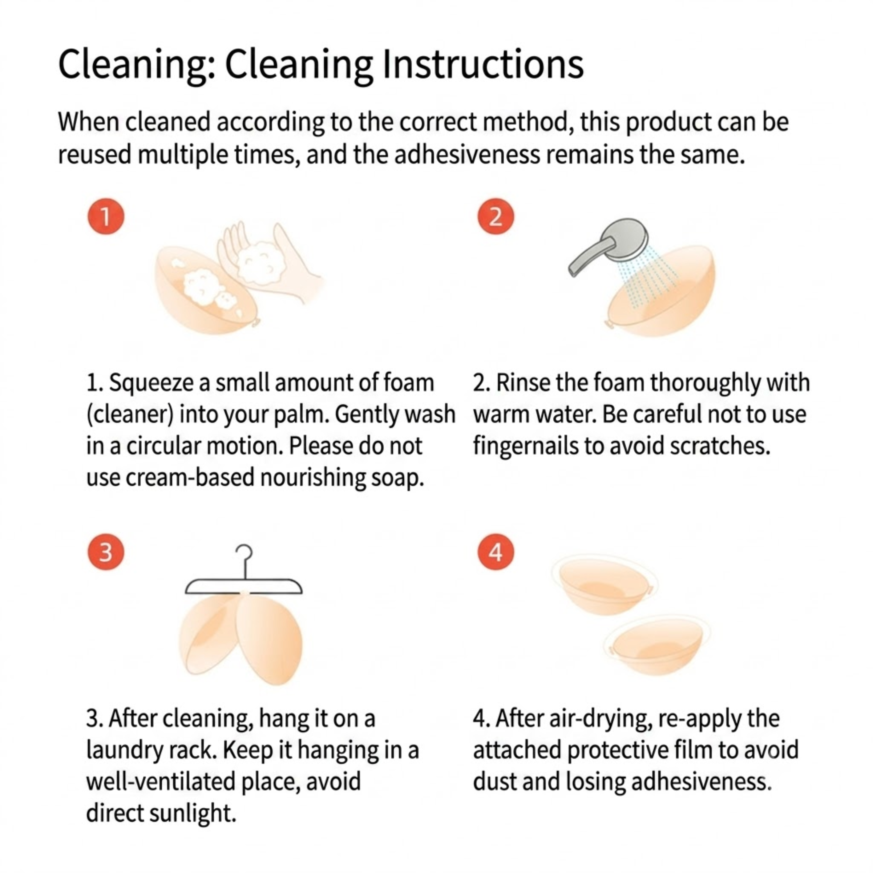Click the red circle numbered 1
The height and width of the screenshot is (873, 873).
[x=106, y=216]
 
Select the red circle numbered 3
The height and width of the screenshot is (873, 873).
[x=106, y=552]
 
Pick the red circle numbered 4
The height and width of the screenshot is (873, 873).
[x=496, y=552]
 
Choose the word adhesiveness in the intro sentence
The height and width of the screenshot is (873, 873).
[x=467, y=155]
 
